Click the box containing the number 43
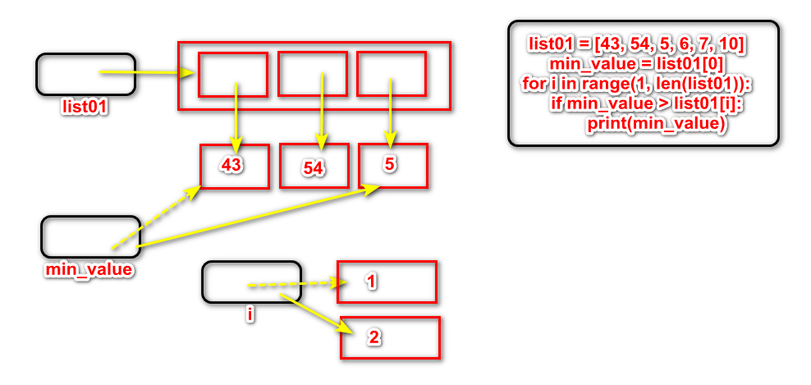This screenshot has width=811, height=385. [234, 167]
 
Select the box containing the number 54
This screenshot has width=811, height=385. [314, 167]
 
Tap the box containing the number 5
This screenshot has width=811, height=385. [392, 166]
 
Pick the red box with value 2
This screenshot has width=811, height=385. [390, 337]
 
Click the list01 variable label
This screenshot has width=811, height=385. [85, 106]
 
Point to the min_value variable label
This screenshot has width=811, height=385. [89, 268]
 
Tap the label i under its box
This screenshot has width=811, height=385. [250, 314]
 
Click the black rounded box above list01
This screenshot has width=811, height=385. [85, 75]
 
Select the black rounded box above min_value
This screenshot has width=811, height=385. [90, 236]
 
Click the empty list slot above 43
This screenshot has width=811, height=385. [233, 75]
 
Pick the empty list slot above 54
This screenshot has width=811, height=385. [313, 74]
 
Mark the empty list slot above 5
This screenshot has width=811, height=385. [391, 74]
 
